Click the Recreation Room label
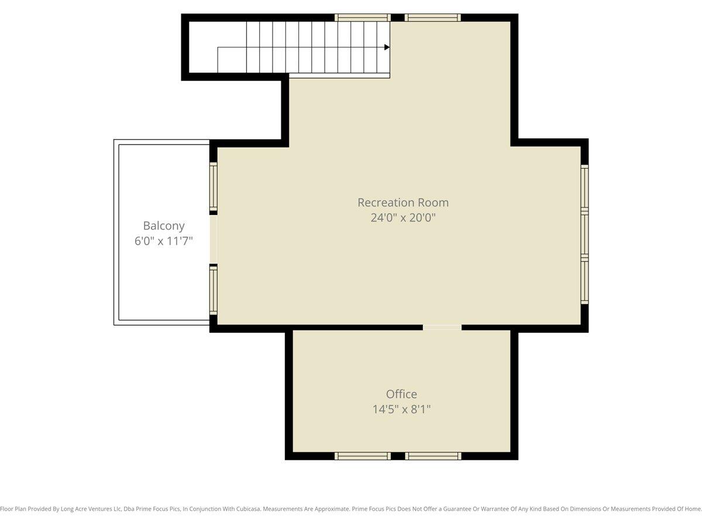403,203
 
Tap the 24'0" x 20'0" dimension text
403,218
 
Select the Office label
401,394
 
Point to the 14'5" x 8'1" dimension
401,409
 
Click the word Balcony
164,226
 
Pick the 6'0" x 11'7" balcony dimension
163,241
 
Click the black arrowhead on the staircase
387,47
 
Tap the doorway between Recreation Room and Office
442,327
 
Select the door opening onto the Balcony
214,239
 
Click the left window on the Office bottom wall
363,456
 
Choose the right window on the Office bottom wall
433,456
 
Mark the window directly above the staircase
363,18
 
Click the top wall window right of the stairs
433,18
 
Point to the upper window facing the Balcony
214,187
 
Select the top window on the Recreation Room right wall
584,188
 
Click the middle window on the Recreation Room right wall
584,234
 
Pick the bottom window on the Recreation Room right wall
584,280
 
